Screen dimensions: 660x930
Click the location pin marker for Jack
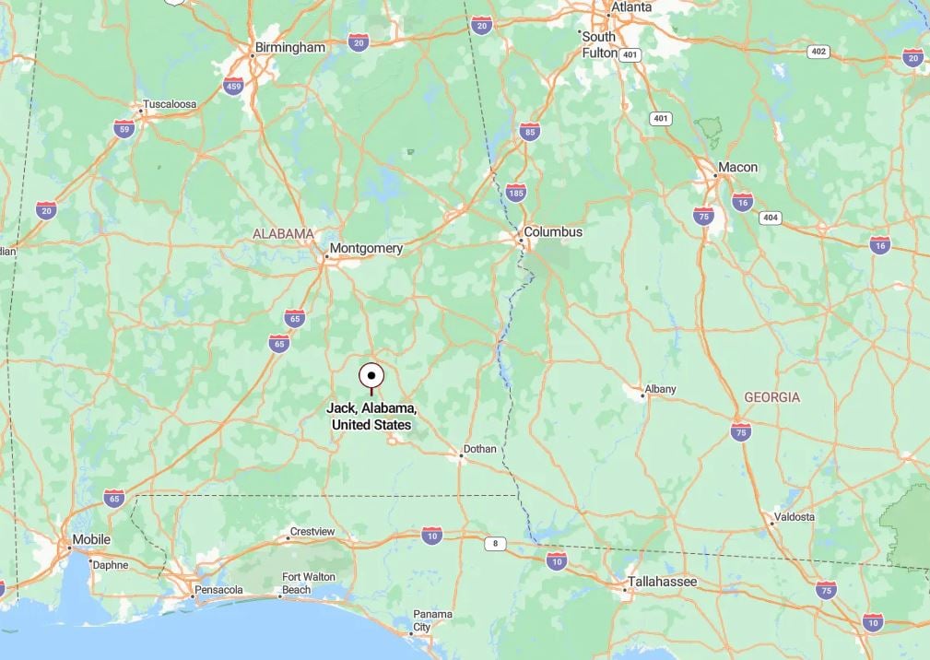tap(371, 376)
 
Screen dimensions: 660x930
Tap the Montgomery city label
tap(367, 248)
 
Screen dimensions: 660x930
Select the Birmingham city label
tap(290, 47)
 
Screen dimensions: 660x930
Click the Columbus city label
tap(553, 231)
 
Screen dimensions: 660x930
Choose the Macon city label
tap(737, 167)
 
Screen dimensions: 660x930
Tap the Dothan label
tap(479, 449)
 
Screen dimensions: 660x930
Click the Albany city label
tap(660, 389)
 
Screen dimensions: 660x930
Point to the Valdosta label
tap(794, 517)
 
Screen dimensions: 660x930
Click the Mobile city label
tap(91, 539)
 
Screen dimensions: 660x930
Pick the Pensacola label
tap(219, 589)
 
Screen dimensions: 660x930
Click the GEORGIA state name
tap(772, 397)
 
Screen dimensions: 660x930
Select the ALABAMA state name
tap(284, 234)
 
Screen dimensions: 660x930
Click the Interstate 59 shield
tap(124, 128)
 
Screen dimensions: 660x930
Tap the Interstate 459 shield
tap(233, 87)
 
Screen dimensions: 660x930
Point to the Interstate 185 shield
tap(516, 194)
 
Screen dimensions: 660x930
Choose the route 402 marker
tap(818, 52)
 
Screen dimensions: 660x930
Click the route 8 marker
tap(496, 544)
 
